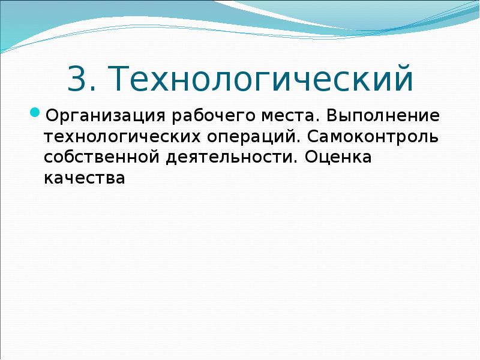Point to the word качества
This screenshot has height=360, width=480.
coord(84,178)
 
